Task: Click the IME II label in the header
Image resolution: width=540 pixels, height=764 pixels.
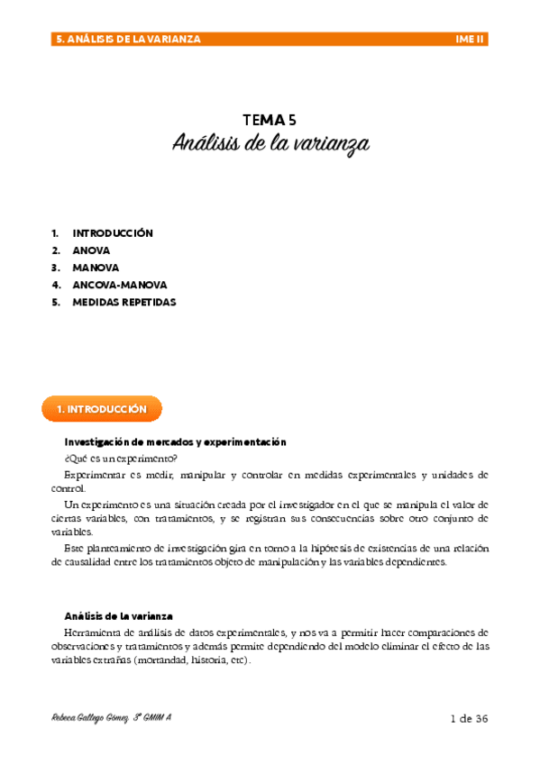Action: [x=471, y=40]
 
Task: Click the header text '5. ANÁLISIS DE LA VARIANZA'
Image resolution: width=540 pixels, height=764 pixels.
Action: [x=129, y=40]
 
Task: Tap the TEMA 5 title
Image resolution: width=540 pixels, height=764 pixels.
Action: [x=270, y=120]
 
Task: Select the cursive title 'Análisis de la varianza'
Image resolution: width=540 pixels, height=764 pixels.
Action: [x=270, y=144]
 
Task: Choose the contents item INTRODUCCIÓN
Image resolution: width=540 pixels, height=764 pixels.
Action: [x=113, y=233]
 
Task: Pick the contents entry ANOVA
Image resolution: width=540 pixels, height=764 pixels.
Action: [x=91, y=250]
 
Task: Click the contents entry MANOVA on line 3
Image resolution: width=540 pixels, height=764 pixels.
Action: [x=96, y=268]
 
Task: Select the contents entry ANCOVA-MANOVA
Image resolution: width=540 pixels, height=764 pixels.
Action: [x=119, y=285]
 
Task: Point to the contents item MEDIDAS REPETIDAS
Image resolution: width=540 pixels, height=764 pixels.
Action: [x=124, y=303]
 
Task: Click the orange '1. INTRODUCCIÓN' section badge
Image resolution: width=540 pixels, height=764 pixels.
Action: [x=102, y=409]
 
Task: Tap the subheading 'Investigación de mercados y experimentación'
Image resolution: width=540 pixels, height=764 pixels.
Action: [x=175, y=442]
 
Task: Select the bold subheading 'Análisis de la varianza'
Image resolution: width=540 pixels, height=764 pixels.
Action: [x=118, y=616]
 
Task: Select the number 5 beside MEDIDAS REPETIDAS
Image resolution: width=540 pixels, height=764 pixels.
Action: [x=55, y=303]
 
